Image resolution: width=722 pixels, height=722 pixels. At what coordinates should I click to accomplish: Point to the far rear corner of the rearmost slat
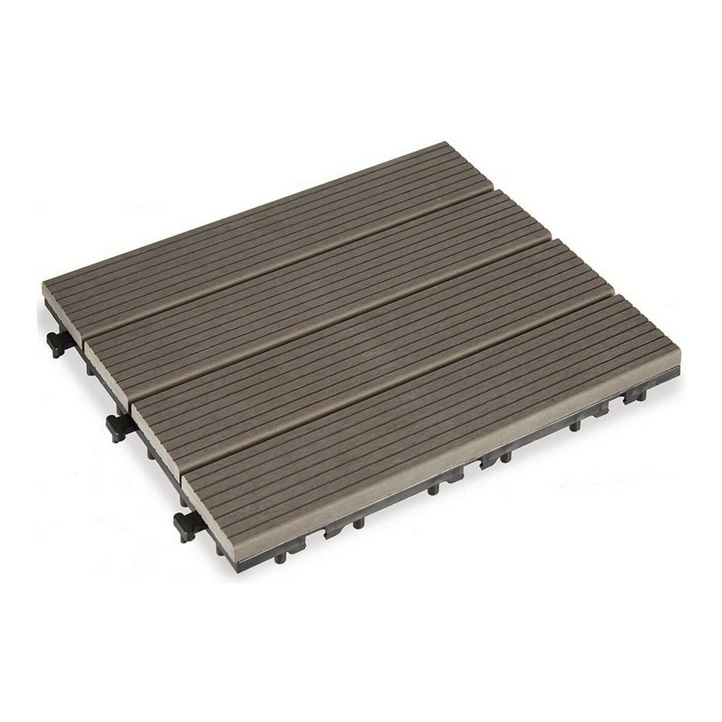444,144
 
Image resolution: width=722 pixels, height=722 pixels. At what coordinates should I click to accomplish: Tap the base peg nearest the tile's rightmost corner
628,399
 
